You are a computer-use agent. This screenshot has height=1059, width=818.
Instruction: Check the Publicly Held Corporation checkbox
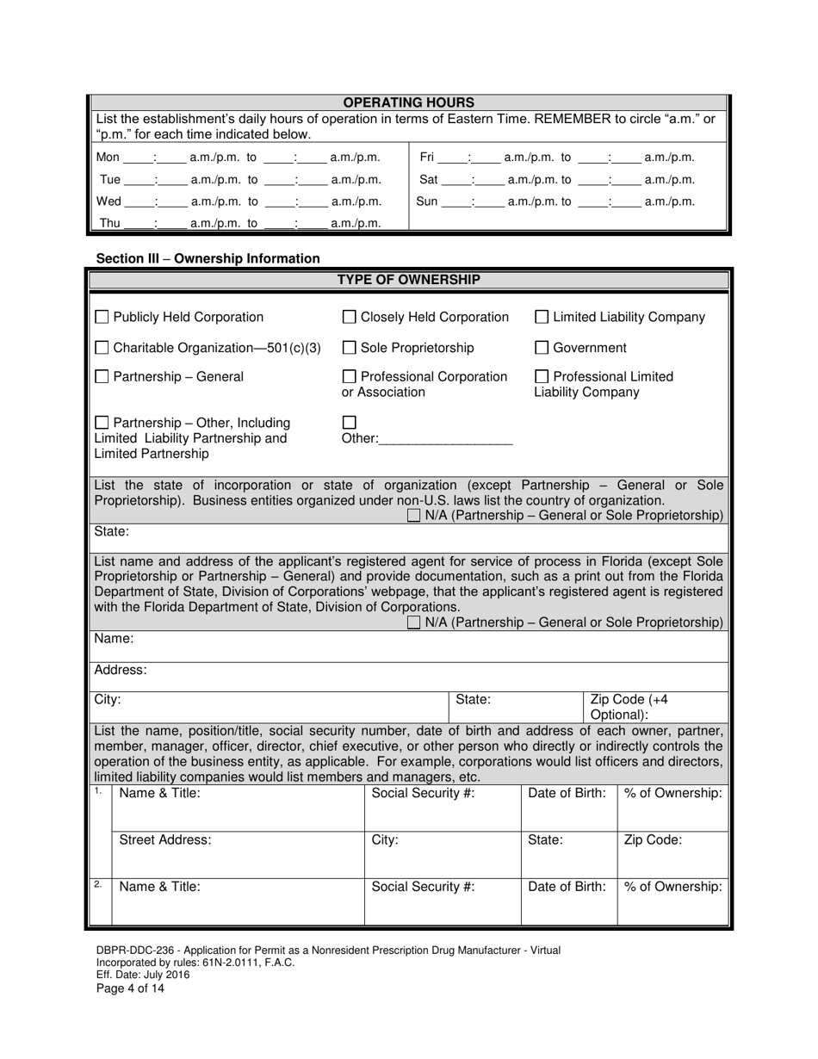(102, 317)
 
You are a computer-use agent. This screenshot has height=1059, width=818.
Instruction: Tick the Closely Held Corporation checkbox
(350, 317)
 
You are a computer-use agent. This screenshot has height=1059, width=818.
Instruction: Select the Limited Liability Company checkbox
(542, 317)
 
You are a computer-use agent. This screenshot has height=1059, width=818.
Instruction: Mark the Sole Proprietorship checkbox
(350, 348)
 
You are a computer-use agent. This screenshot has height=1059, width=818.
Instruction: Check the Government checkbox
(542, 348)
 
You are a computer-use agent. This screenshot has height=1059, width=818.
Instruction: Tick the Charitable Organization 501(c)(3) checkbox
(102, 348)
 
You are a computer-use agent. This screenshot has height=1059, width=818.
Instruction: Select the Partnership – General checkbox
(102, 376)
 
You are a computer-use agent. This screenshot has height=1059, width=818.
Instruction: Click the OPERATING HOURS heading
(409, 102)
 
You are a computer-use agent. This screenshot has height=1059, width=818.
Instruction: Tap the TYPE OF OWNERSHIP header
(409, 280)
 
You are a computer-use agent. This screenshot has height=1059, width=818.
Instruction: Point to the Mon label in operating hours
(108, 158)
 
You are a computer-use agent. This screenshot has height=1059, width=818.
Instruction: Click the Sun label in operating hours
(427, 202)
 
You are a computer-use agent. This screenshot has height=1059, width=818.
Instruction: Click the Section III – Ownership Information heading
(208, 258)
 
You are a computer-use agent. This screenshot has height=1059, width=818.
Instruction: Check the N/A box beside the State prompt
(414, 516)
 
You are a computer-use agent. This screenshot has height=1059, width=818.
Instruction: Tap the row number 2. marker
(99, 884)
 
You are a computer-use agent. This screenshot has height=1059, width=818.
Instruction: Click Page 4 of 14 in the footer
(130, 988)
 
